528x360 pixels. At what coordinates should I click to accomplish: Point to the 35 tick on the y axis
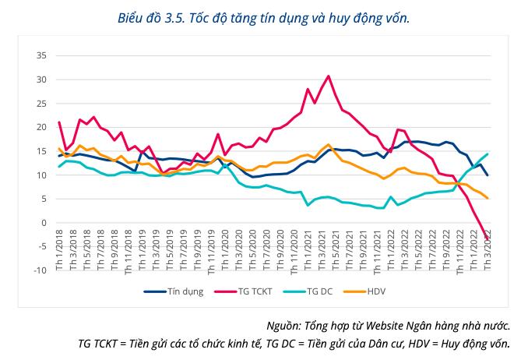(x=40, y=56)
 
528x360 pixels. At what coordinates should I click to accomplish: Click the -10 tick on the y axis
(x=39, y=270)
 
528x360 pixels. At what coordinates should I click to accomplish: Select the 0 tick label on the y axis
(x=44, y=223)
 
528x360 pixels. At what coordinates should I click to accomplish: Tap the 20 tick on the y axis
(x=40, y=128)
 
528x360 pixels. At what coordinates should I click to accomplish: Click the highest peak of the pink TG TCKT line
(x=329, y=76)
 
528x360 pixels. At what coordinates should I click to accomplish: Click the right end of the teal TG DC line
(x=488, y=154)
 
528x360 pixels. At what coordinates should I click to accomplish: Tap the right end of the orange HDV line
(x=488, y=198)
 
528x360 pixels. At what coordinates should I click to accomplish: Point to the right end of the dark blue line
(x=488, y=175)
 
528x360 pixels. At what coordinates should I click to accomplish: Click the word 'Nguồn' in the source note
(x=282, y=326)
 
